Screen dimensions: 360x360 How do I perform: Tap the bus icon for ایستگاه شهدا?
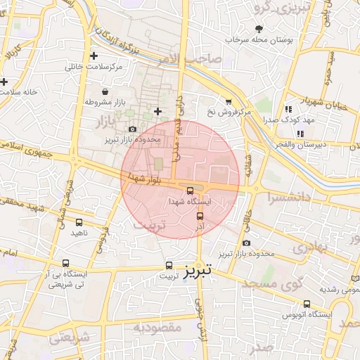pos(191,190)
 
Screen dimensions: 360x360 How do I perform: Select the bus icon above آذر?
pos(200,216)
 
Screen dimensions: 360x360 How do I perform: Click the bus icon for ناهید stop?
pos(78,222)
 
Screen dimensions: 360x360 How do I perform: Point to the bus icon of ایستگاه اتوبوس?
pos(307,304)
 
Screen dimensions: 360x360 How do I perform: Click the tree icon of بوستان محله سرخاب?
pos(259,29)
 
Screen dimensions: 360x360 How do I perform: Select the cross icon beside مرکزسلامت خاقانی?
pos(94,56)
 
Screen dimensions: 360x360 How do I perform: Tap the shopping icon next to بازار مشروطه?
pos(105,91)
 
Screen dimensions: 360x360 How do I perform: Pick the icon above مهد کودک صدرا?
pos(288,109)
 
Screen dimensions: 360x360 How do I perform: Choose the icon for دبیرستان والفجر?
pos(300,134)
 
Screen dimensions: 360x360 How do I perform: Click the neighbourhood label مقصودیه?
pos(158,328)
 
